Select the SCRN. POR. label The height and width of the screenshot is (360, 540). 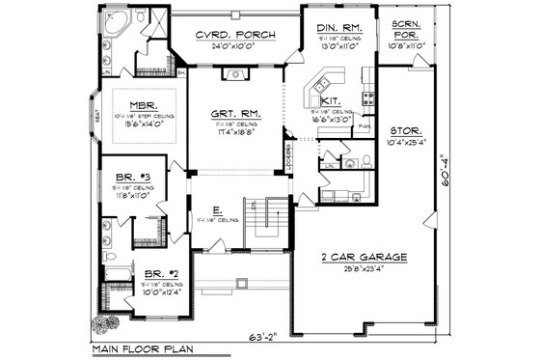pyautogui.click(x=411, y=28)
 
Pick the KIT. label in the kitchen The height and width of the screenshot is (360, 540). pyautogui.click(x=329, y=100)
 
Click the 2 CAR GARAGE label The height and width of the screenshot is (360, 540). pyautogui.click(x=364, y=259)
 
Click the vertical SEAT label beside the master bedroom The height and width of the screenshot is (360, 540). pyautogui.click(x=95, y=113)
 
